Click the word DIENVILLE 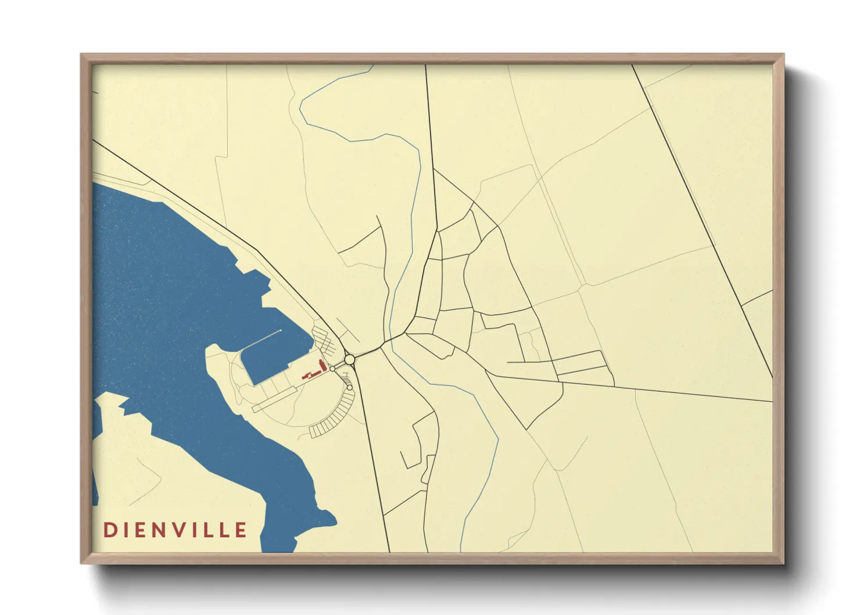[x=175, y=530]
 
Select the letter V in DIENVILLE [x=178, y=530]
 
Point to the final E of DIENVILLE [x=241, y=530]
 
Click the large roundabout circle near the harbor [x=349, y=360]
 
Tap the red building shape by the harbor [x=317, y=370]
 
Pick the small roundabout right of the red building [x=332, y=369]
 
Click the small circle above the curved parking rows [x=350, y=387]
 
